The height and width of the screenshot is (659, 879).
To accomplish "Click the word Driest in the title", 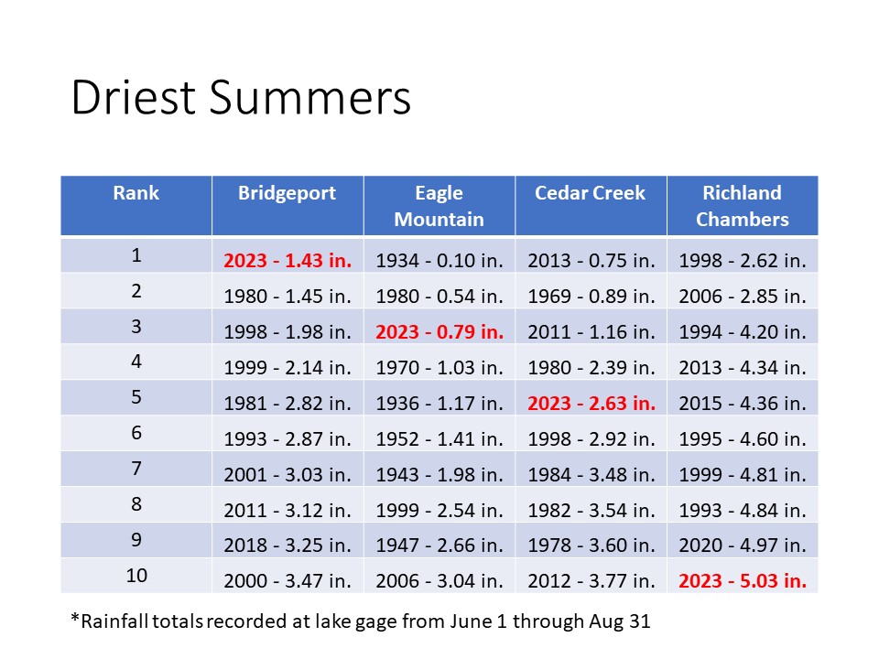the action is (134, 97).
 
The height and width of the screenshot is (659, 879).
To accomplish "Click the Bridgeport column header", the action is (287, 193).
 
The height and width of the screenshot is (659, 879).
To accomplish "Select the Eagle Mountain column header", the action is (439, 206).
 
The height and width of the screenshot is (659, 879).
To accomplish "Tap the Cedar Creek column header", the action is (591, 193).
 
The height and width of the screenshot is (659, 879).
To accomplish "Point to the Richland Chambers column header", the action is (743, 206).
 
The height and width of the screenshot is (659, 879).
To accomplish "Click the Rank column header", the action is (136, 193).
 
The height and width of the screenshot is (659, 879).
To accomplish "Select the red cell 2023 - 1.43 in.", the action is (288, 261).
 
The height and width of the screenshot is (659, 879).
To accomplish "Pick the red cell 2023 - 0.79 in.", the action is (439, 331).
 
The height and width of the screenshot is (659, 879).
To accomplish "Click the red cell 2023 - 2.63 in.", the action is (591, 403).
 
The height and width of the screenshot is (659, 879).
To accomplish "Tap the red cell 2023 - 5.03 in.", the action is (743, 580).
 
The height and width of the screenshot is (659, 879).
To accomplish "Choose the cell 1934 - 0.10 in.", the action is (439, 261).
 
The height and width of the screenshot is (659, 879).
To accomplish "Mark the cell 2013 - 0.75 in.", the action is (591, 261).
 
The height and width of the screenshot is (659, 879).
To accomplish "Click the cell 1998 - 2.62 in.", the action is (743, 261).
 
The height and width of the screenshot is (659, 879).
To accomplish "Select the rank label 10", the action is (136, 576).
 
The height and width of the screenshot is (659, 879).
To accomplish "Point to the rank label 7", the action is (136, 469).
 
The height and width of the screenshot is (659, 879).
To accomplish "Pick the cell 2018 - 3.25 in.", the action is (288, 546).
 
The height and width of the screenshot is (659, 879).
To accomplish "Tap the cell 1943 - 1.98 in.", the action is (439, 475).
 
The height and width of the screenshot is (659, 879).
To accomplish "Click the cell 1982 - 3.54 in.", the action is (591, 511).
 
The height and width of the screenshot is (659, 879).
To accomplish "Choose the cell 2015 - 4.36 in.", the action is (743, 403).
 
